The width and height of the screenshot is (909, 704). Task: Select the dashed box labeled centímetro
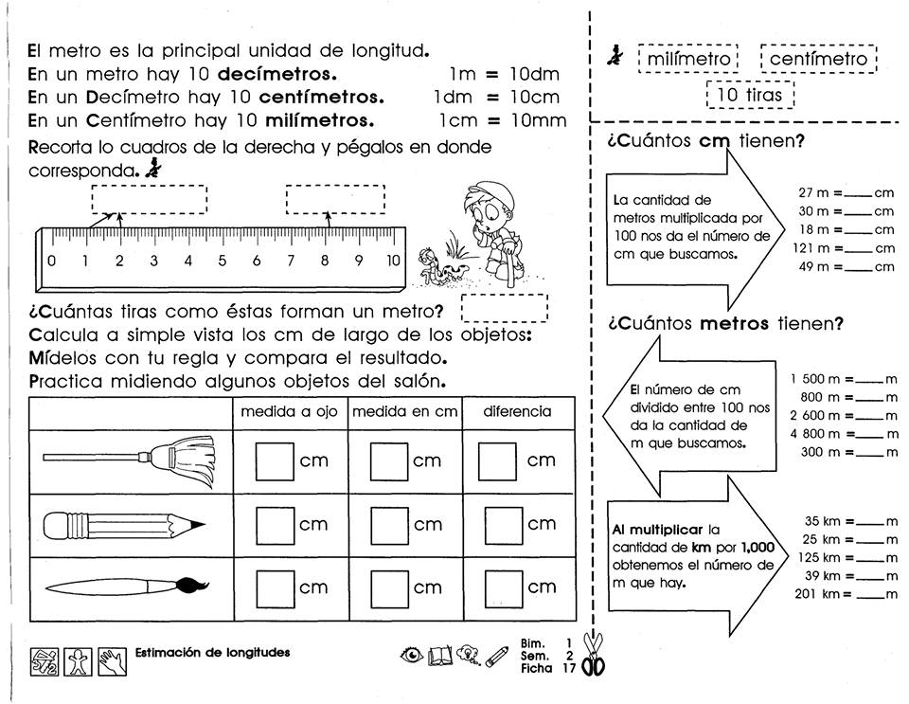tap(818, 59)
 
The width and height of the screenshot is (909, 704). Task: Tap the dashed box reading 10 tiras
tap(750, 95)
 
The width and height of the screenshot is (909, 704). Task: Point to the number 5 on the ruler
tap(223, 261)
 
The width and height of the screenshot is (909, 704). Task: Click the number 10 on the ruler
tap(393, 261)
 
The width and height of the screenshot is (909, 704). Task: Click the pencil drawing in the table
tap(124, 523)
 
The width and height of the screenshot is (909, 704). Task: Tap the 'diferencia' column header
tap(517, 412)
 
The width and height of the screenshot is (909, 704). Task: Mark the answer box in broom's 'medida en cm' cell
tap(388, 461)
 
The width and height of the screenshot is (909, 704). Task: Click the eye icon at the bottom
tap(412, 655)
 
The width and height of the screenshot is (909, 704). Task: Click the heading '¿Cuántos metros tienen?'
tap(725, 324)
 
